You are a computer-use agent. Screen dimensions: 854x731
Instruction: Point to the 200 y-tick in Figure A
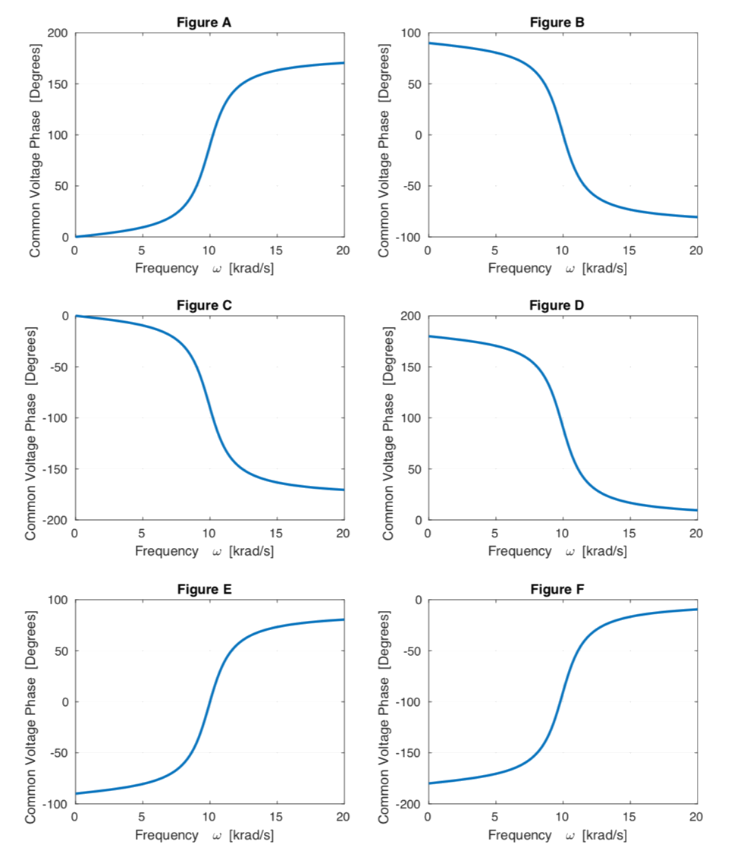coord(60,33)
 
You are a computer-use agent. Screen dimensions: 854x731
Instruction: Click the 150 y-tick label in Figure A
coord(60,84)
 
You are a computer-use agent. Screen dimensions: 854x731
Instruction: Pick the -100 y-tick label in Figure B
coord(410,237)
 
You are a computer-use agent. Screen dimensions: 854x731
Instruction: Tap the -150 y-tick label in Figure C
coord(57,469)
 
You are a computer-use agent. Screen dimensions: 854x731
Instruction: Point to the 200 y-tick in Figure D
coord(413,317)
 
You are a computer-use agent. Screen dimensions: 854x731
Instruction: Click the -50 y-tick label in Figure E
coord(58,753)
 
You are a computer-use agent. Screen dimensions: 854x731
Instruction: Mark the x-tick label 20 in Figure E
coord(344,818)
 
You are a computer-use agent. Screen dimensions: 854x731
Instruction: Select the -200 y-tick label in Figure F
coord(410,804)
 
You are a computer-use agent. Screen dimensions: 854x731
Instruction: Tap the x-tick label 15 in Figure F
coord(629,818)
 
